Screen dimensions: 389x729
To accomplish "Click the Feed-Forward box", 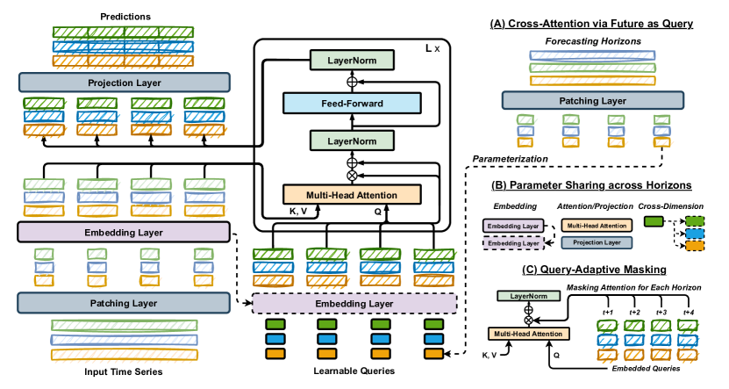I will pyautogui.click(x=352, y=103).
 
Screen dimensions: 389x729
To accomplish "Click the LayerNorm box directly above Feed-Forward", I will pyautogui.click(x=352, y=61).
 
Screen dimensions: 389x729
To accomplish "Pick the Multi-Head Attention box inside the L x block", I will pyautogui.click(x=352, y=194).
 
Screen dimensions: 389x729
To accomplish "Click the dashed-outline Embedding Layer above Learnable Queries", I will pyautogui.click(x=354, y=303).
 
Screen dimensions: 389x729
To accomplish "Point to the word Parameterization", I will pyautogui.click(x=511, y=159).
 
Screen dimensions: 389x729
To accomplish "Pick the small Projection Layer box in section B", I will pyautogui.click(x=597, y=242).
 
